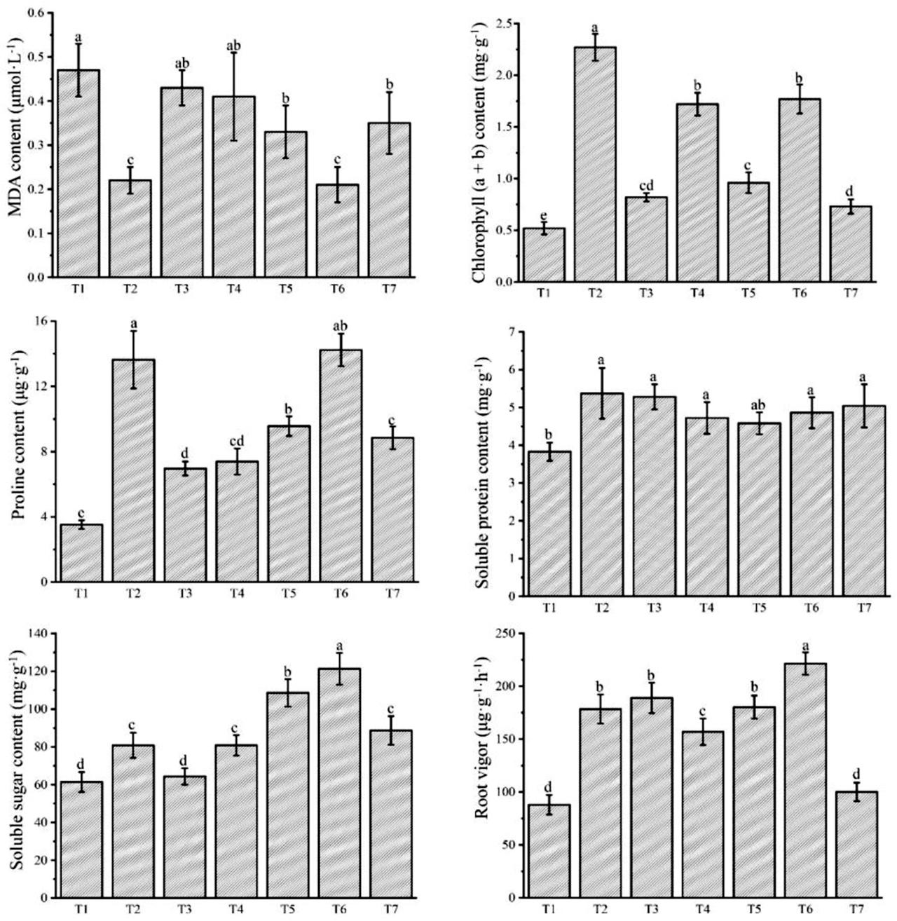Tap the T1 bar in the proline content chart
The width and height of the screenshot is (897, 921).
tap(82, 553)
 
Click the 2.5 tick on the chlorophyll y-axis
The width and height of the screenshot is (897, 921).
tap(500, 24)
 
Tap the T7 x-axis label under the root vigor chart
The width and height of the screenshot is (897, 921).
tap(856, 909)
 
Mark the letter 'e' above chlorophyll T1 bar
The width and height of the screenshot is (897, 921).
tap(544, 214)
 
